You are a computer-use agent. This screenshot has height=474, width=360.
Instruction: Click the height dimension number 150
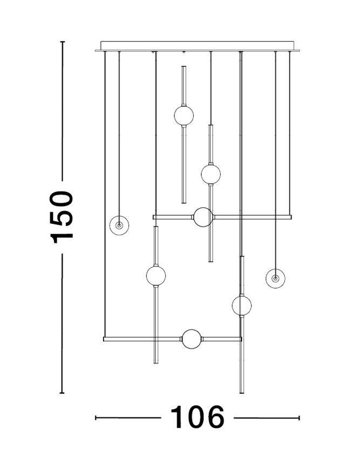62,217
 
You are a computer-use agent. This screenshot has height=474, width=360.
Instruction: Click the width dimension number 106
198,417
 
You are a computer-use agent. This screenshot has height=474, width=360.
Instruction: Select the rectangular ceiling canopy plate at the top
197,46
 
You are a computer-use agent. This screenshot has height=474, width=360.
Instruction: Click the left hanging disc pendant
119,225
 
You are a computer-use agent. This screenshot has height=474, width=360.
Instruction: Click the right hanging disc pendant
275,278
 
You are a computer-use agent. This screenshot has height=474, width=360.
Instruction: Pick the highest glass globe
184,115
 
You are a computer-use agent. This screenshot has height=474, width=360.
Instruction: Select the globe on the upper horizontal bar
203,217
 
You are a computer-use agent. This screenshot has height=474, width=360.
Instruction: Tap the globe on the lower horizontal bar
192,339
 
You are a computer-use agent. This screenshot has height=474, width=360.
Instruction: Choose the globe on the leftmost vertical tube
156,276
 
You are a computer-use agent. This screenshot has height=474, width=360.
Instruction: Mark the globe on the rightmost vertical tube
241,305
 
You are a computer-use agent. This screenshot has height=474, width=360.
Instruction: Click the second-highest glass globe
211,174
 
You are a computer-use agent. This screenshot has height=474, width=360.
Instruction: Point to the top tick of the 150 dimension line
62,42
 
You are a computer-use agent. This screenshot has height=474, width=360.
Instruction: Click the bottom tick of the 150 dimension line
62,393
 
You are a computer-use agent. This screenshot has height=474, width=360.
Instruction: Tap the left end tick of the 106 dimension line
96,418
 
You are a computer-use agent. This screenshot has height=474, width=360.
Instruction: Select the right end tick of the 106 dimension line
299,418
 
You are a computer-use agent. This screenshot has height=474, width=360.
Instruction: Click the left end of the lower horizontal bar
104,339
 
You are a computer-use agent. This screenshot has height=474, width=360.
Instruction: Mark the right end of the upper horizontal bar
291,217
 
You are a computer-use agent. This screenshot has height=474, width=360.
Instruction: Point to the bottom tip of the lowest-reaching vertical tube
242,393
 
